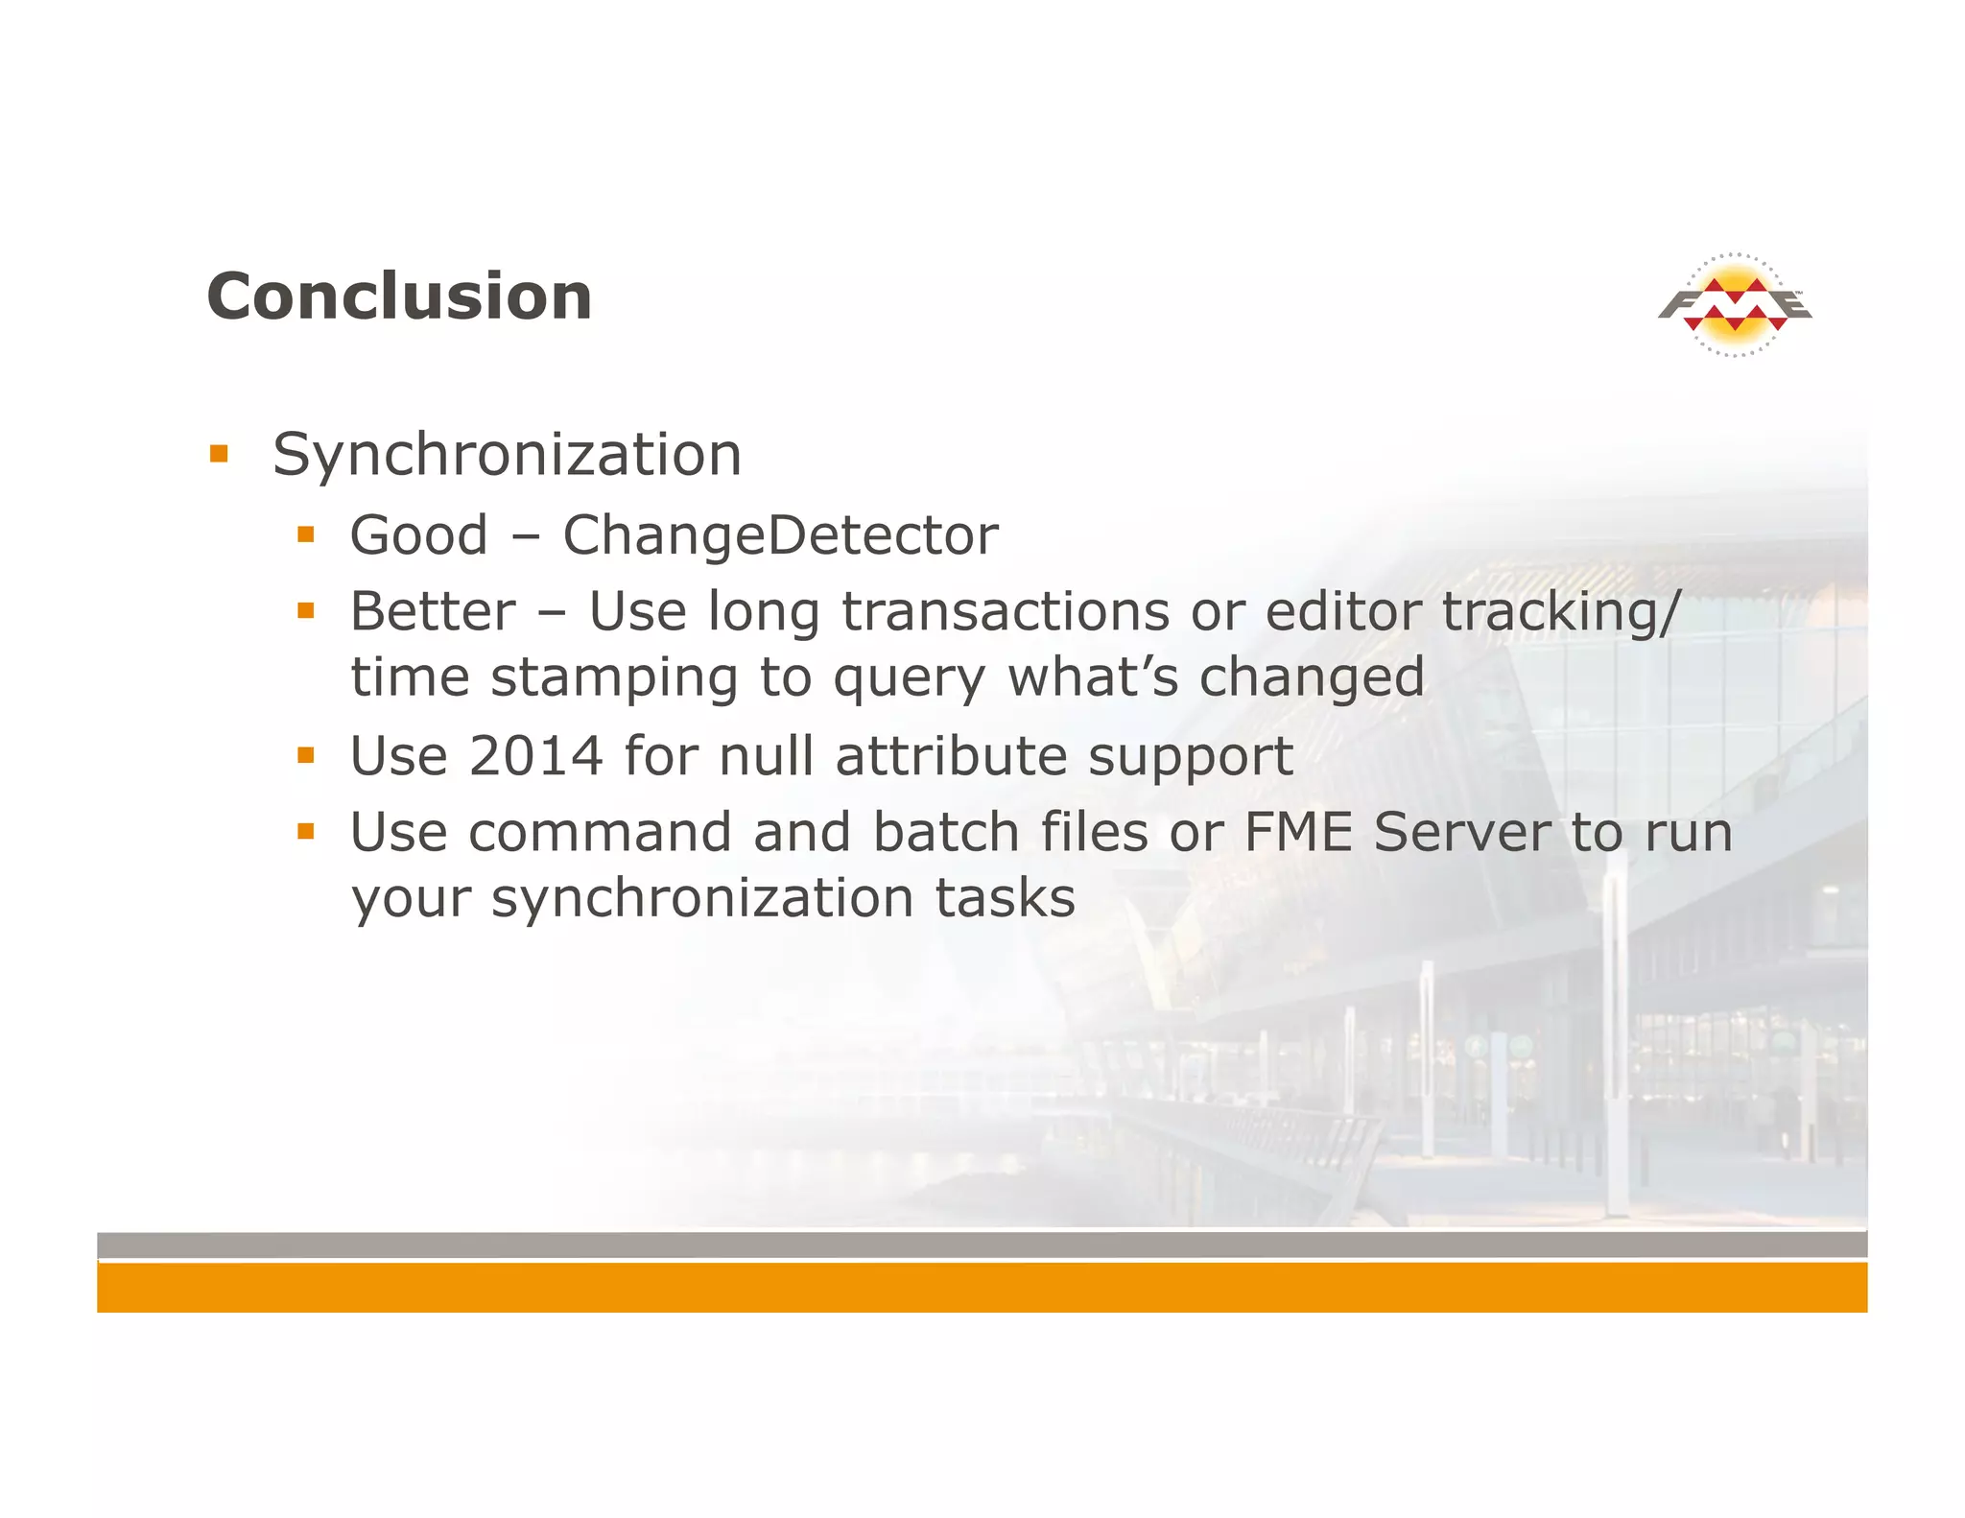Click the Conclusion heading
click(x=399, y=296)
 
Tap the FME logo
click(x=1735, y=305)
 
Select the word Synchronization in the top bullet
click(x=507, y=456)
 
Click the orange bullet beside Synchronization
click(x=220, y=453)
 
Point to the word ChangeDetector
click(x=780, y=535)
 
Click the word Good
click(x=418, y=535)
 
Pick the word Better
click(x=433, y=612)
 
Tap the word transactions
click(x=1006, y=612)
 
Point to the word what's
click(x=1093, y=677)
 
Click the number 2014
click(x=535, y=756)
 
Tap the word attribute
click(x=951, y=756)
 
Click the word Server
click(x=1461, y=832)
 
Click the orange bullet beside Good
click(x=306, y=534)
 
